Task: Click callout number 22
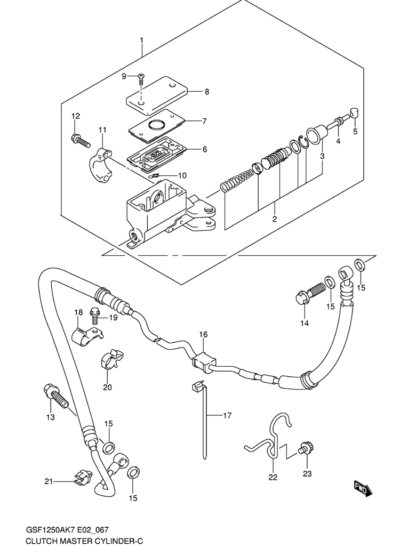pos(273,477)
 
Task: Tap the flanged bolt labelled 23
pos(306,448)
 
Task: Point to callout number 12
pos(75,116)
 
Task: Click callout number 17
pos(227,415)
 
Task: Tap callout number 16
pos(203,334)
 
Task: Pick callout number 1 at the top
pos(141,40)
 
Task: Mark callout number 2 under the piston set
pos(274,219)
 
